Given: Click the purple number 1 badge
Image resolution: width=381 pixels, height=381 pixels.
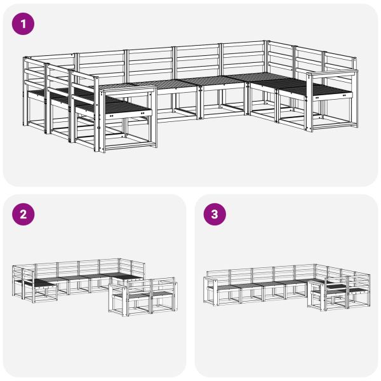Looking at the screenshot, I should (x=24, y=24).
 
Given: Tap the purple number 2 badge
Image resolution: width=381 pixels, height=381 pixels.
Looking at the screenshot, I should (x=24, y=214).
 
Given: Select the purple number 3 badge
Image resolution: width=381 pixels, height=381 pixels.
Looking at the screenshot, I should (x=215, y=214).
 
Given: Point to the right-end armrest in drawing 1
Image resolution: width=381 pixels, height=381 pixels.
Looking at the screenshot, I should (x=332, y=74).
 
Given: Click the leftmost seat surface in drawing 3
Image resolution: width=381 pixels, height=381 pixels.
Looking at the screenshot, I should (x=226, y=286).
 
